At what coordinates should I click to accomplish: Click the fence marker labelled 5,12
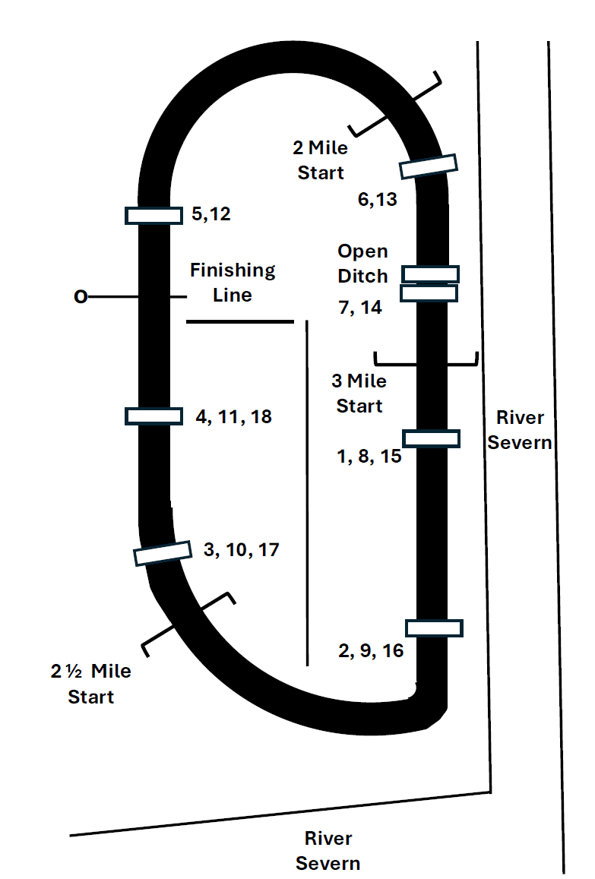[153, 216]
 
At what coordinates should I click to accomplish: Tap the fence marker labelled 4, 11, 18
[153, 416]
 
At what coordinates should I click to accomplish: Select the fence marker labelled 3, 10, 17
[162, 552]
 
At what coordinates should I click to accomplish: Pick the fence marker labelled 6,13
[429, 166]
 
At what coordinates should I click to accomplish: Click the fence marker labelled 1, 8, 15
[431, 438]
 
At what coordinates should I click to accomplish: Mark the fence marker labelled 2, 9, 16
[434, 628]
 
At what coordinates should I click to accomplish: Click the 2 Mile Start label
[320, 160]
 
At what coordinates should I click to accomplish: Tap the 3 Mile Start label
[359, 394]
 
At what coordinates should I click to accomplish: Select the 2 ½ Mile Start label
[91, 684]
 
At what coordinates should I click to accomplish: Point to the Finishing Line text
[233, 282]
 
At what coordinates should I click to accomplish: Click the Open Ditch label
[362, 263]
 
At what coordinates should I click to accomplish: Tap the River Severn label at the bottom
[328, 851]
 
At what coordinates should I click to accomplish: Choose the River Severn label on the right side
[520, 429]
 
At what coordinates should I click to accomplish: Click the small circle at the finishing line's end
[80, 297]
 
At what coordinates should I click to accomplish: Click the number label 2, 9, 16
[371, 651]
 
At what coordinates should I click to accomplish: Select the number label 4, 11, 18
[233, 416]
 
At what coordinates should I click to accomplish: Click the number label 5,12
[210, 215]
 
